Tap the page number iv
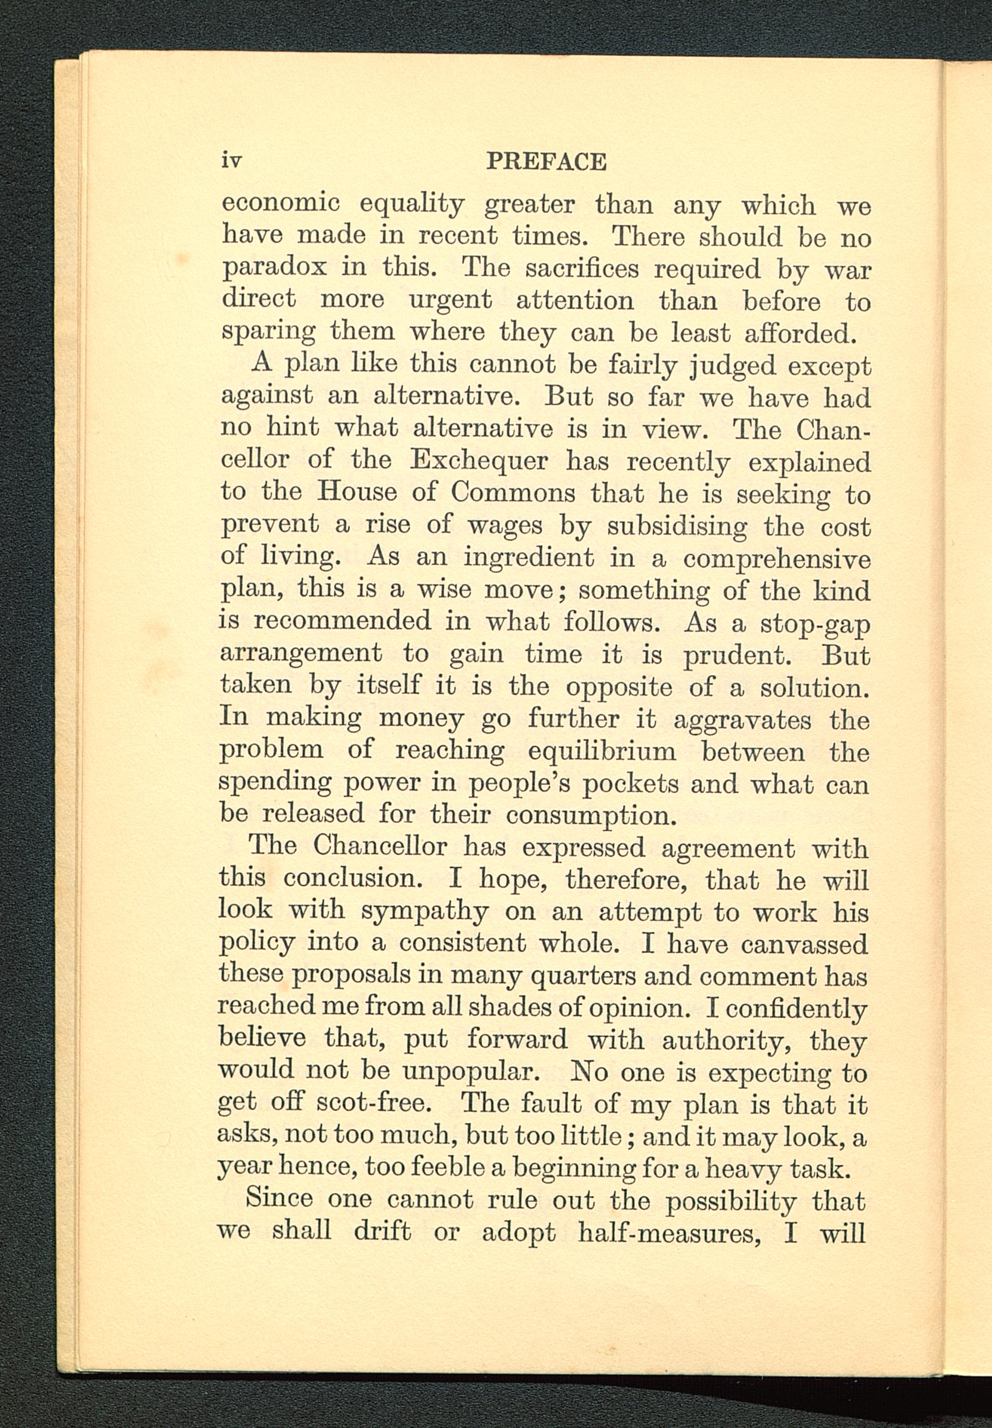(x=231, y=162)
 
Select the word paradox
(x=274, y=268)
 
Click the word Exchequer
(x=479, y=460)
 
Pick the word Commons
(x=512, y=492)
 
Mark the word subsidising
(x=677, y=526)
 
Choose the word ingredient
(x=528, y=558)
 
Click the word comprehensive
(x=776, y=559)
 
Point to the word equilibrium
(x=602, y=752)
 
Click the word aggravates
(x=742, y=720)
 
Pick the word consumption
(x=590, y=816)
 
